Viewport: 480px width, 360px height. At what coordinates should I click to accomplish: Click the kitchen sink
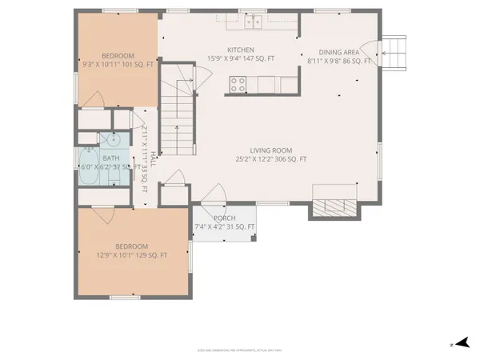pos(255,20)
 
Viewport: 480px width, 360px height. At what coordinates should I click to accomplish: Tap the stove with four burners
pos(238,82)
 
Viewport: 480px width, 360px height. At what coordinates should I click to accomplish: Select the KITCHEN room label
pos(241,49)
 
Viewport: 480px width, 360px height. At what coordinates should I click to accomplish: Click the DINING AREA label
pos(339,50)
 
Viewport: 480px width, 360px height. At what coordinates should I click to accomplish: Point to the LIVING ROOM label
pos(270,150)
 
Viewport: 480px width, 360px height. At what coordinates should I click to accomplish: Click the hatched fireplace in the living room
pos(330,206)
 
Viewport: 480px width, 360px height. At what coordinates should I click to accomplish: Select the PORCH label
pos(224,218)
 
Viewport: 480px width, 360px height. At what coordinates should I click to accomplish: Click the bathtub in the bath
pos(89,167)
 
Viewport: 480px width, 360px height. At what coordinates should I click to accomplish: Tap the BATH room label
pos(110,158)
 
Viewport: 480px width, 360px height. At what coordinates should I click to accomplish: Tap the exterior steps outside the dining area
pos(395,52)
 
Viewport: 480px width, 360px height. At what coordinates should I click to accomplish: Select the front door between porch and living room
pos(214,197)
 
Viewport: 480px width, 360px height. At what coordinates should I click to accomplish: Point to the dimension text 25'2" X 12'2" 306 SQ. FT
pos(270,159)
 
